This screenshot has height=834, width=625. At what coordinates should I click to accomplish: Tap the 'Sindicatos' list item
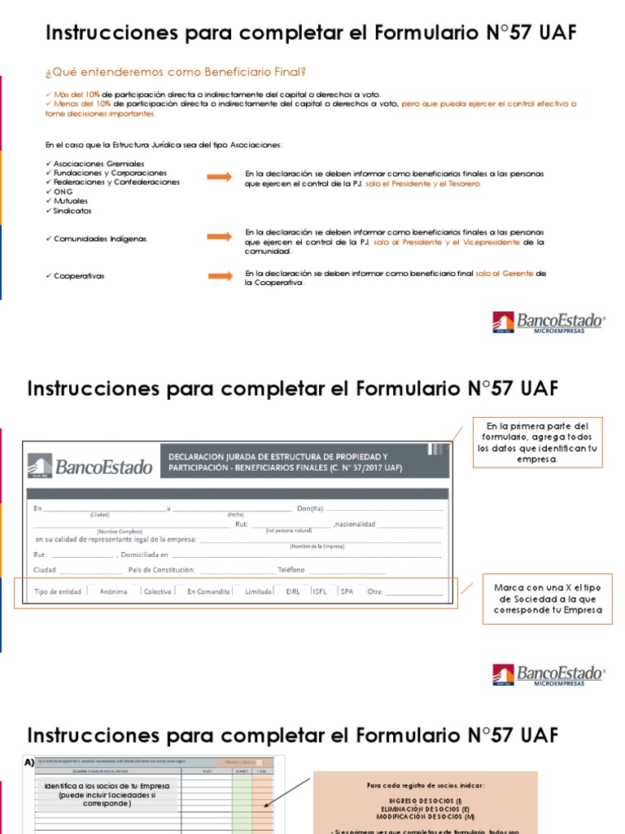point(72,210)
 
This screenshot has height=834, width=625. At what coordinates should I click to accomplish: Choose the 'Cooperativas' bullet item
point(79,276)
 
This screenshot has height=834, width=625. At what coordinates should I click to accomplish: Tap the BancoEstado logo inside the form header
point(90,466)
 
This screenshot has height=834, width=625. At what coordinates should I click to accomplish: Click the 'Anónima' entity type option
point(113,591)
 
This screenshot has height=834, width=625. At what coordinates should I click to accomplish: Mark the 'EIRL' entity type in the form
point(293,591)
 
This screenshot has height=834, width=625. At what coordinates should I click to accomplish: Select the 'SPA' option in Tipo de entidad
point(347,591)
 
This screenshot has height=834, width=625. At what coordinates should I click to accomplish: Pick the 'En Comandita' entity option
point(208,591)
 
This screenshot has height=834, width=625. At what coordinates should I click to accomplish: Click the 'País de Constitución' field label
point(157,569)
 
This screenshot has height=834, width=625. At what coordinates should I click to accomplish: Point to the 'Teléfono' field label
point(291,569)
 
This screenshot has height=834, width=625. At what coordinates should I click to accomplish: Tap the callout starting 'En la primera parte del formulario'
point(537,443)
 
